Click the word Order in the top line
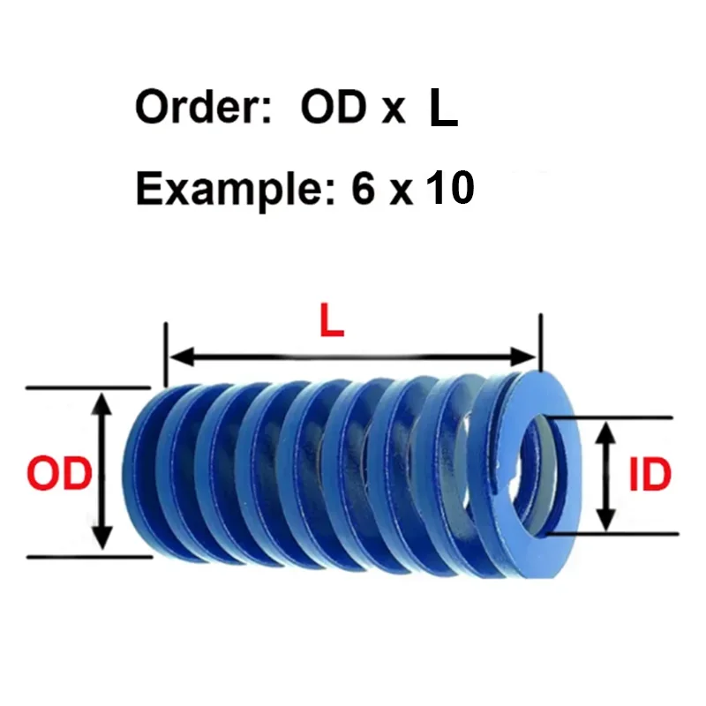(x=204, y=107)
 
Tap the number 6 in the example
(x=363, y=187)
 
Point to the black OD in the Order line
(x=334, y=107)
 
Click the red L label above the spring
(x=332, y=320)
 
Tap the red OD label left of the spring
(x=59, y=473)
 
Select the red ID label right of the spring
(x=650, y=474)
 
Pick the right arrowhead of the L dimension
(x=522, y=357)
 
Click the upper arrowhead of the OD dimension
(x=103, y=404)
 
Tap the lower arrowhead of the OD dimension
(x=102, y=537)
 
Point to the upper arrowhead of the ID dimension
(x=606, y=433)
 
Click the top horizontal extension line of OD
(x=88, y=387)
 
